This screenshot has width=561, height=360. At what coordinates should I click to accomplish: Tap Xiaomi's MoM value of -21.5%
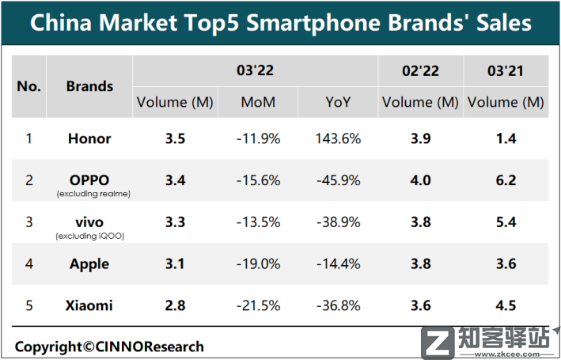click(258, 306)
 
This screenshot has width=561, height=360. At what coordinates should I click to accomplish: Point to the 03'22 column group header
click(255, 71)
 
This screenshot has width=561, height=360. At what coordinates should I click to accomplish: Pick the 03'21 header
click(506, 71)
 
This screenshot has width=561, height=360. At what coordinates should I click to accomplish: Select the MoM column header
click(258, 102)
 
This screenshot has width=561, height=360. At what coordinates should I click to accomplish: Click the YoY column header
click(338, 102)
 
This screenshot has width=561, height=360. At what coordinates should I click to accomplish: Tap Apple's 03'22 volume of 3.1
click(175, 264)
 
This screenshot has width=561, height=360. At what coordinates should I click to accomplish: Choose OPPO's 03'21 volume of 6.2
click(506, 180)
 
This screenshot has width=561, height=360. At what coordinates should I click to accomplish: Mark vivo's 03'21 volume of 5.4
click(506, 222)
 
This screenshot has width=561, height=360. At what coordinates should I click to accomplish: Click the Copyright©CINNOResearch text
click(109, 347)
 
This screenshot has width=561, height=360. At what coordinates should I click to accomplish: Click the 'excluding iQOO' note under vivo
click(90, 236)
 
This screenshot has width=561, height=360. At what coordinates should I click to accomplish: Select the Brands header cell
click(89, 86)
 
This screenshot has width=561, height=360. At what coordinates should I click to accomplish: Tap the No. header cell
click(28, 86)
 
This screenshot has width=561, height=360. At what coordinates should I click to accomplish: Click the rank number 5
click(28, 306)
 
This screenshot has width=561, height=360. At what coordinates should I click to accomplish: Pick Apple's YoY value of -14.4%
click(338, 264)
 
